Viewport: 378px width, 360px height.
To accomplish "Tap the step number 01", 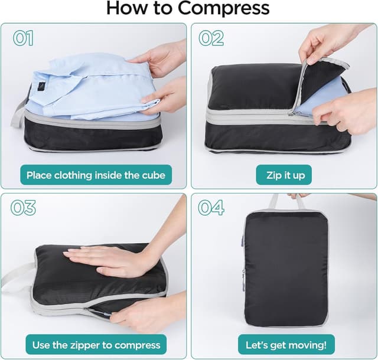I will click(x=24, y=38).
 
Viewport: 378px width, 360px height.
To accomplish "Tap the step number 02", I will click(x=211, y=38).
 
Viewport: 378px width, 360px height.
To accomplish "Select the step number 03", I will click(x=24, y=208).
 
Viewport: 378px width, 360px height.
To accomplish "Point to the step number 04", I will click(x=211, y=208).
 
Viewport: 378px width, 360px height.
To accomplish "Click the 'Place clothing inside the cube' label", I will click(x=96, y=175).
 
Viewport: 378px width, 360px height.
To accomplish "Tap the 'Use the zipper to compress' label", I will click(x=96, y=345).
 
